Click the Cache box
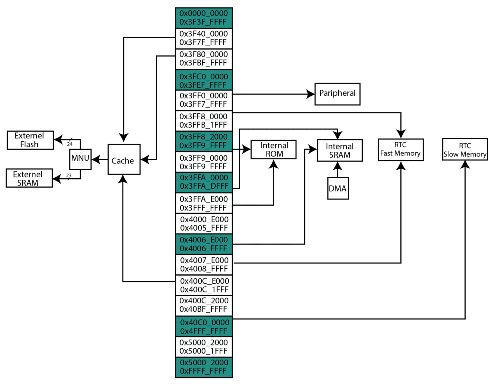(124, 159)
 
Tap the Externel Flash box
(30, 140)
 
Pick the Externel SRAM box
(29, 178)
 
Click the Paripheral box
(337, 94)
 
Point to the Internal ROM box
(273, 149)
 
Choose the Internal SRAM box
(340, 150)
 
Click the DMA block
(338, 188)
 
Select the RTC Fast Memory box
(400, 149)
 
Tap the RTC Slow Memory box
(465, 149)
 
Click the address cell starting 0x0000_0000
(204, 18)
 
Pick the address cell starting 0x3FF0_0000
(204, 100)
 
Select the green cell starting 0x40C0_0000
(204, 326)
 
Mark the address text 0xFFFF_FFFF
(203, 371)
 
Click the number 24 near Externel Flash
(70, 144)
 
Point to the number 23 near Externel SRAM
(69, 175)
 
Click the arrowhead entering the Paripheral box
(310, 94)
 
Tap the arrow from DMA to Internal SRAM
(337, 169)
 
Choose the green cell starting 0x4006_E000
(204, 244)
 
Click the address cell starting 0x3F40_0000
(204, 38)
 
